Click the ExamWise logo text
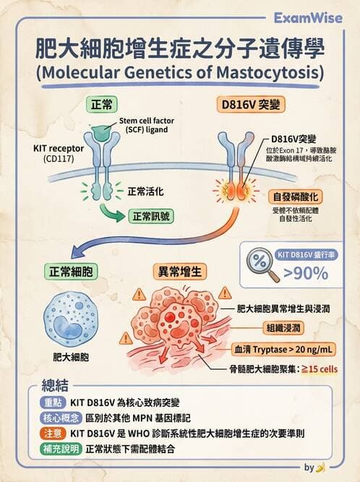click(x=304, y=17)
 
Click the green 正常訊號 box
click(x=150, y=216)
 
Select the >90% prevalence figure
click(x=306, y=273)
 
